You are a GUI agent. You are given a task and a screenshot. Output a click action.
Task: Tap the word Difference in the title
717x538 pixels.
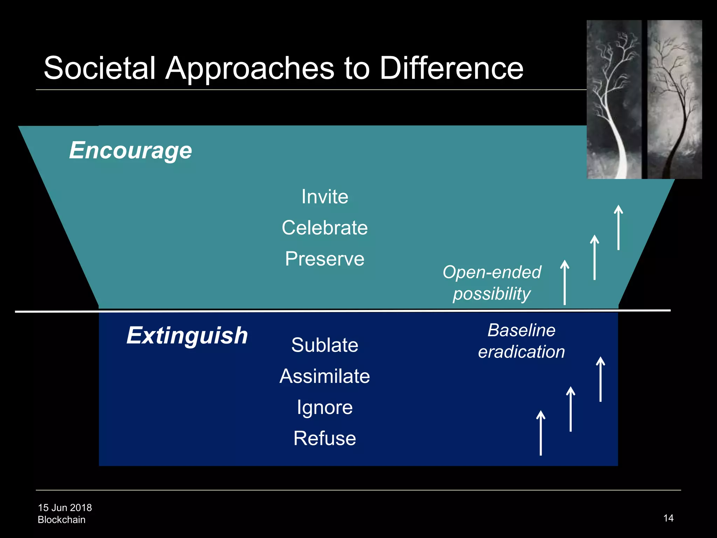pyautogui.click(x=451, y=68)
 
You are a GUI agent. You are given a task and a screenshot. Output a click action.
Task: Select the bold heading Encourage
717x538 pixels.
pyautogui.click(x=131, y=151)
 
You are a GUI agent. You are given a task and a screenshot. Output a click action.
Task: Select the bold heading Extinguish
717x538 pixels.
pyautogui.click(x=187, y=336)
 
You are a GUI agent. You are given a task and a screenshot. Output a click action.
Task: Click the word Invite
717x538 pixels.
pyautogui.click(x=325, y=196)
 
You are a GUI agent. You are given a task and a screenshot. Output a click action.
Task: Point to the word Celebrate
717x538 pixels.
pyautogui.click(x=325, y=228)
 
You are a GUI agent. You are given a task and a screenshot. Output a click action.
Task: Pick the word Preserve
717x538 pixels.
pyautogui.click(x=325, y=259)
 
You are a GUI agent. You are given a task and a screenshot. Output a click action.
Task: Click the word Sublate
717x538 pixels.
pyautogui.click(x=325, y=345)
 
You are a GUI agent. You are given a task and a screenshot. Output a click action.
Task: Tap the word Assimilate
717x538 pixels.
pyautogui.click(x=325, y=376)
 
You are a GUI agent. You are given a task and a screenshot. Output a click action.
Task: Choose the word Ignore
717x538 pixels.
pyautogui.click(x=325, y=407)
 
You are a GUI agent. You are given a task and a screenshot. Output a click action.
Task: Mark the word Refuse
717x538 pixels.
pyautogui.click(x=325, y=438)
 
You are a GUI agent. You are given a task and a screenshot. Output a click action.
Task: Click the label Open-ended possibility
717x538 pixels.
pyautogui.click(x=492, y=283)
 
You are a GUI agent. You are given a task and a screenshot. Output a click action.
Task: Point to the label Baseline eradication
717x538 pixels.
pyautogui.click(x=522, y=341)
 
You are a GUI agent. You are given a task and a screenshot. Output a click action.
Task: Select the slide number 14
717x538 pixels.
pyautogui.click(x=668, y=518)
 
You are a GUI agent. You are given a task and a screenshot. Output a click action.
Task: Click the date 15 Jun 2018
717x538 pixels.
pyautogui.click(x=65, y=508)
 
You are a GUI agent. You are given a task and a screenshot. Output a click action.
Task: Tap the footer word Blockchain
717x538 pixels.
pyautogui.click(x=62, y=520)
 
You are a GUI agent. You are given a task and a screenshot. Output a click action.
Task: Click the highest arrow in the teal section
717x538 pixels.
pyautogui.click(x=619, y=228)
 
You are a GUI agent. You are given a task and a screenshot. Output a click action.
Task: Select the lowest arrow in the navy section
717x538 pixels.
pyautogui.click(x=541, y=433)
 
